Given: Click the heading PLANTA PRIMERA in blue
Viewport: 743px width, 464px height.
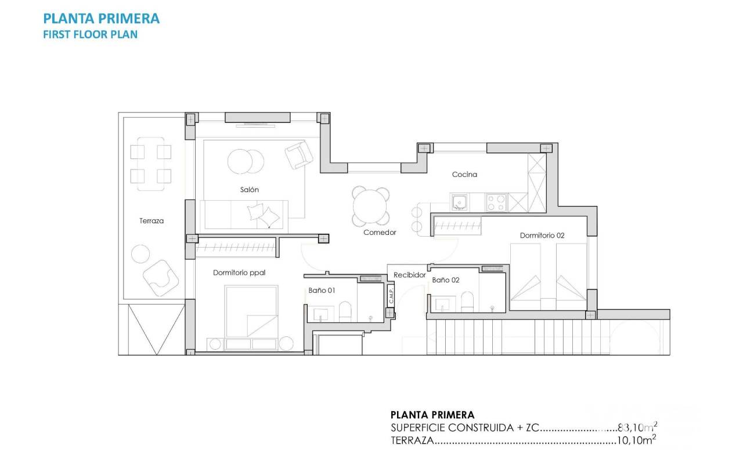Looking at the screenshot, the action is (101, 19).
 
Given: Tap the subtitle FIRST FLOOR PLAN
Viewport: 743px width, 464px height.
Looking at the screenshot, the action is (90, 34).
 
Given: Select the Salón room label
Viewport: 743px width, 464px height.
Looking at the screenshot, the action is (250, 190).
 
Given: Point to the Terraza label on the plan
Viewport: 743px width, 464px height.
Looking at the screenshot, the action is (152, 221).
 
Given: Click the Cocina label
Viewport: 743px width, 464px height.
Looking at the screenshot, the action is (464, 175).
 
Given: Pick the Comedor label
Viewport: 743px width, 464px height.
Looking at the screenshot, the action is (380, 233).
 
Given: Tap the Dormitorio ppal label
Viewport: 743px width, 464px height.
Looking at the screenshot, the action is (239, 273).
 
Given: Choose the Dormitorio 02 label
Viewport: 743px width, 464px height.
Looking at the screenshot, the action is (542, 235).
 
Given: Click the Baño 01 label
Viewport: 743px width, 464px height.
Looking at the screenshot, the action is (322, 291).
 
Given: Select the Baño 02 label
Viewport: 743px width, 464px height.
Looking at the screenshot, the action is (445, 280).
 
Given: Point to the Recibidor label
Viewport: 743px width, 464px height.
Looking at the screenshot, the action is (410, 275).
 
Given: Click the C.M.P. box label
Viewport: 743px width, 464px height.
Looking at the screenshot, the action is (391, 295).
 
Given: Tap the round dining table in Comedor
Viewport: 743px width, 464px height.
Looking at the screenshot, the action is (370, 206).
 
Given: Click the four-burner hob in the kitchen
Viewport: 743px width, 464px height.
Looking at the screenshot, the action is (496, 203).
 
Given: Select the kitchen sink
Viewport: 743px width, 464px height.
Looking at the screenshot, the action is (460, 202).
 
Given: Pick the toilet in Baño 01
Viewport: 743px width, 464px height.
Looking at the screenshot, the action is (345, 311).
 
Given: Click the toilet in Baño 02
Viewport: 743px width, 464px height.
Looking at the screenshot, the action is (467, 302).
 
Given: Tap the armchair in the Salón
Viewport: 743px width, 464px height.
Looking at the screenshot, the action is (299, 155).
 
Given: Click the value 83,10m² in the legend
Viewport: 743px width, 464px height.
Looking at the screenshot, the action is (637, 427).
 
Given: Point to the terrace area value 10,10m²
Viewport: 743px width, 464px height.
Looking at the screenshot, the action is (636, 440).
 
